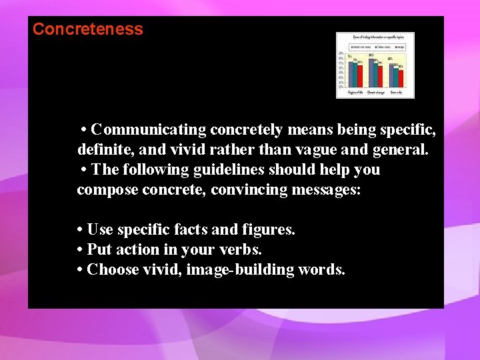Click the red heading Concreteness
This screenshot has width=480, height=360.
87,29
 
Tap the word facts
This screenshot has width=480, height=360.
190,229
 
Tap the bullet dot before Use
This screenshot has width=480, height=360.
80,229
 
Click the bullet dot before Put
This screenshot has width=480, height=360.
80,249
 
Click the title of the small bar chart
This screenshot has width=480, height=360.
375,37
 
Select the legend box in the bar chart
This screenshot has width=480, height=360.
375,47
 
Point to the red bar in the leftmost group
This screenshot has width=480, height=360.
360,75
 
